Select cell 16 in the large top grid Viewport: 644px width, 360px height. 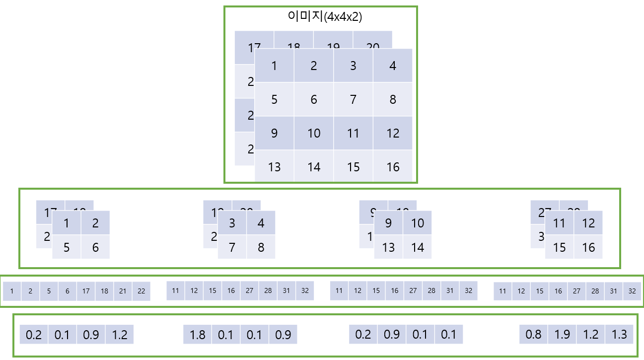click(393, 166)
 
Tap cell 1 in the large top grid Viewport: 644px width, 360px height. click(274, 66)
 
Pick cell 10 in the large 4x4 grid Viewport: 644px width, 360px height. click(314, 133)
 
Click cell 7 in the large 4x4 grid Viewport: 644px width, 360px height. click(353, 99)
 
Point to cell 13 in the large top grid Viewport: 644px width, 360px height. click(274, 166)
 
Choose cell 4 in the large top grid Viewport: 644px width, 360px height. click(393, 66)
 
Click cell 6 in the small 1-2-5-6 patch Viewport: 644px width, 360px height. click(95, 247)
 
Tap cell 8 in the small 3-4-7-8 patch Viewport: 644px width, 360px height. click(261, 247)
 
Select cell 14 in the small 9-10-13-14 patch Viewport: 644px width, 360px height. click(418, 247)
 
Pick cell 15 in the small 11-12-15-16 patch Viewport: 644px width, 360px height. click(560, 247)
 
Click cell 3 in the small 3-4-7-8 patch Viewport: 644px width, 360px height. click(232, 223)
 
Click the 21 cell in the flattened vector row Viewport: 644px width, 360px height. click(123, 291)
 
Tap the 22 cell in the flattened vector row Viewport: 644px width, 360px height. click(141, 291)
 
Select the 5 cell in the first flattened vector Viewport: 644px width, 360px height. click(49, 291)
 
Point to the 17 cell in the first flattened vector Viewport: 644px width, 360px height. click(86, 291)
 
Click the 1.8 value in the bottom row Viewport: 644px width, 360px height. click(198, 335)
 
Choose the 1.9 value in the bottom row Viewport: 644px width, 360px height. click(562, 335)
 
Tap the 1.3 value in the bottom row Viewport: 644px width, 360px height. click(619, 335)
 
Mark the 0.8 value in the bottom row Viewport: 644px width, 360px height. click(533, 335)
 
